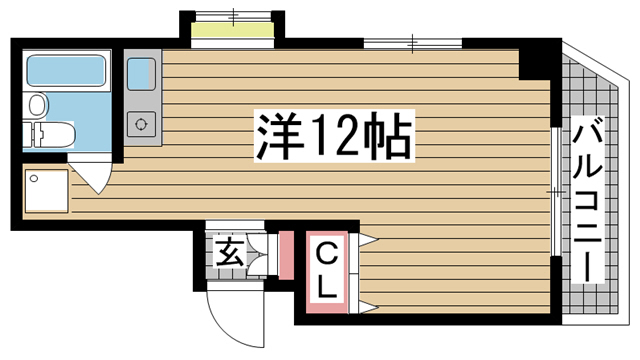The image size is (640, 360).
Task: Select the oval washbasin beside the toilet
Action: [x=37, y=105]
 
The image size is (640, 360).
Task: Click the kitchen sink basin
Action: [x=139, y=73]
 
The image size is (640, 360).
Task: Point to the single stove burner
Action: [x=139, y=124]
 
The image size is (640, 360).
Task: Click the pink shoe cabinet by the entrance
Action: [x=286, y=256]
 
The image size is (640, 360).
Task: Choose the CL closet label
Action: [x=326, y=271]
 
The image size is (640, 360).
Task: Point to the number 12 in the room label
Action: [x=337, y=136]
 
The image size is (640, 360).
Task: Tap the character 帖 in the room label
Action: [x=391, y=136]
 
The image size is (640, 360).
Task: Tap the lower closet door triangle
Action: [x=364, y=302]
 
